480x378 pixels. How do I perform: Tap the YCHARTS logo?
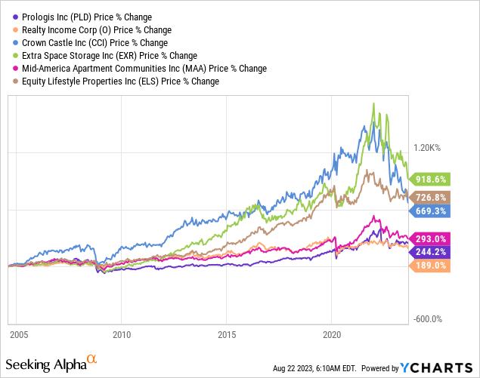pyautogui.click(x=434, y=368)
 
